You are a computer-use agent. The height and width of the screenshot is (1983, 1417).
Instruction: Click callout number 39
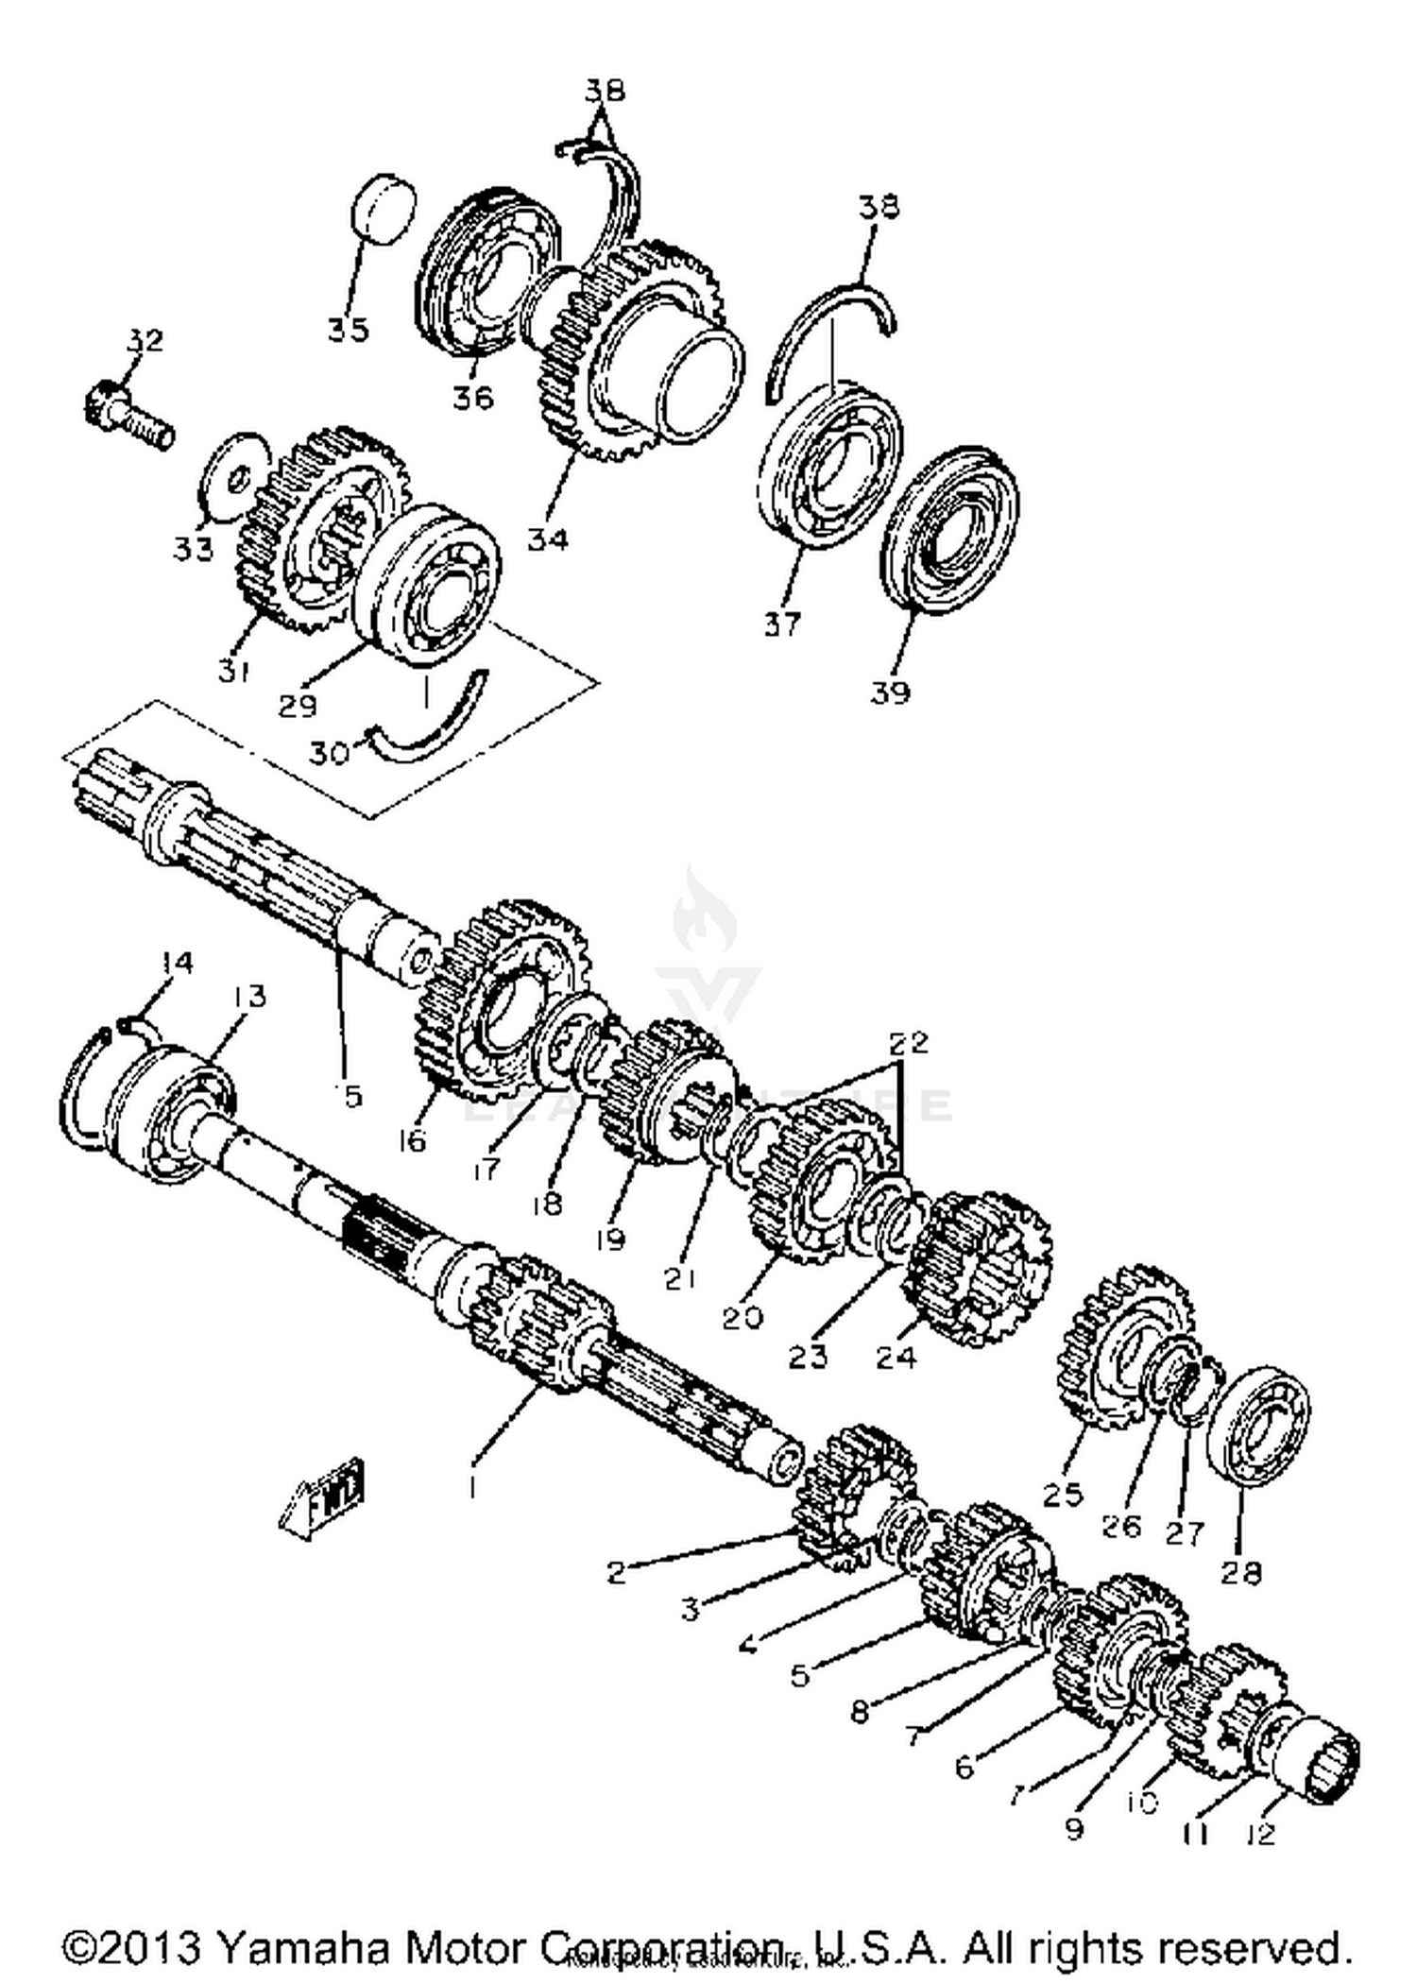pos(890,692)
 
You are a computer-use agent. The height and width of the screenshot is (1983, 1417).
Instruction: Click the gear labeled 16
pos(500,1001)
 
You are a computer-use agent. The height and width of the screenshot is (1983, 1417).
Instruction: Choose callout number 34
pos(548,539)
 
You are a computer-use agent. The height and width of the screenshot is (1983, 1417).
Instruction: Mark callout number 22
pos(909,1043)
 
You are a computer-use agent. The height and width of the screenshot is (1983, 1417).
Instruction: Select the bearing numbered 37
pos(830,464)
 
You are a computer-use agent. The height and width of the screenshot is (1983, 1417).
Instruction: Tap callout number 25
pos(1063,1495)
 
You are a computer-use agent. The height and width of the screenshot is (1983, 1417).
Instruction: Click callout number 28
pos(1240,1572)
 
